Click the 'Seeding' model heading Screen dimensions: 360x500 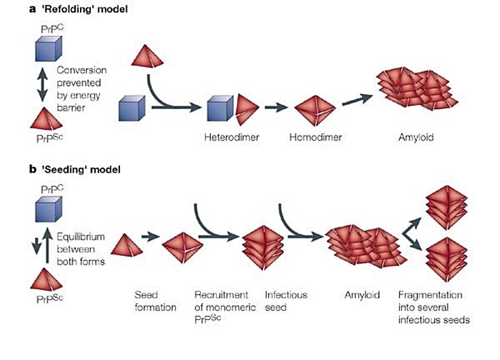pyautogui.click(x=78, y=170)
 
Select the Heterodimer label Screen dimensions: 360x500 pyautogui.click(x=232, y=138)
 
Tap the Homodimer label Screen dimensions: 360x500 pyautogui.click(x=316, y=138)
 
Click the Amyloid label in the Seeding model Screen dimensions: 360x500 pyautogui.click(x=362, y=295)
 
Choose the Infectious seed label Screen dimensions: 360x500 pyautogui.click(x=286, y=301)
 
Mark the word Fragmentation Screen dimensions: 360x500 pyautogui.click(x=430, y=295)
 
